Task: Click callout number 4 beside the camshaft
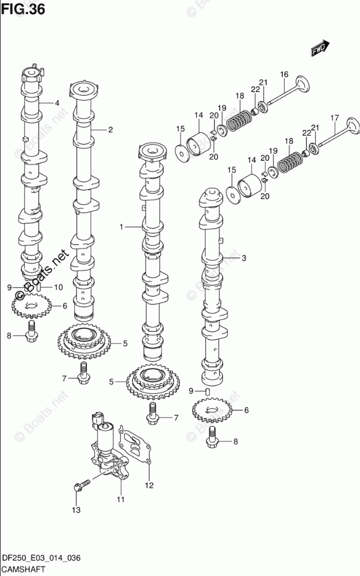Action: [57, 103]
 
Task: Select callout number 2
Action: [110, 129]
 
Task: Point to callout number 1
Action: [121, 227]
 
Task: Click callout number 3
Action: [244, 258]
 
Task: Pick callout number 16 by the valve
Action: [284, 75]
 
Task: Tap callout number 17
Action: [334, 118]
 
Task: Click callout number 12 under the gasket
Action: [149, 485]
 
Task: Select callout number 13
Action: [76, 510]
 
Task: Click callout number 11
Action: [121, 499]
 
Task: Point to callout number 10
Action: [58, 287]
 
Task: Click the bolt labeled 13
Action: [82, 484]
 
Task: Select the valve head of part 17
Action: [352, 127]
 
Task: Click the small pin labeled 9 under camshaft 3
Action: [207, 391]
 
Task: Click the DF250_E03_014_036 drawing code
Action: [41, 559]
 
